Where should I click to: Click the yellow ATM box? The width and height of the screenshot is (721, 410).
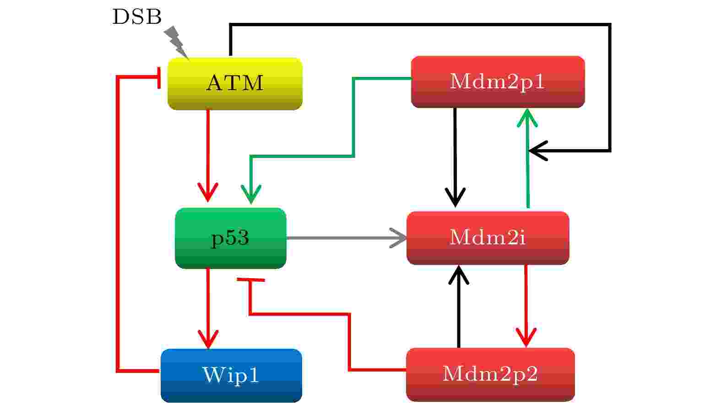click(235, 84)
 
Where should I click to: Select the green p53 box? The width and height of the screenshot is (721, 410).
click(230, 238)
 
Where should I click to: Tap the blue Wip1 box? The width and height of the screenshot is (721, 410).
click(231, 375)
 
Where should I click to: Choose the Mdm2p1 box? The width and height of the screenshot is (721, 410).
click(498, 82)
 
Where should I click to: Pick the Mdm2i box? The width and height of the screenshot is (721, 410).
click(488, 238)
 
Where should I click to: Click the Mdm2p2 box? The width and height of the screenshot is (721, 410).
click(490, 374)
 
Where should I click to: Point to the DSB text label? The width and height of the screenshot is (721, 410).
click(137, 17)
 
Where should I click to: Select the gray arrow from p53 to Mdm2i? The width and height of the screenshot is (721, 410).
click(347, 238)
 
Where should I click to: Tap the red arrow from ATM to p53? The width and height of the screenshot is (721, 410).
click(208, 156)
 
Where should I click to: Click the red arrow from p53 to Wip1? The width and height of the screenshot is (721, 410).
click(208, 308)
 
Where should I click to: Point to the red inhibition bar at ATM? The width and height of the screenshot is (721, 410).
click(159, 78)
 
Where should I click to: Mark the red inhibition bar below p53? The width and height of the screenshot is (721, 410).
click(251, 280)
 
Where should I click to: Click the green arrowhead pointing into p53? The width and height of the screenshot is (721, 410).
click(251, 194)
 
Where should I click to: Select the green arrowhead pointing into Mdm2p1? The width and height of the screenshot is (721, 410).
click(527, 118)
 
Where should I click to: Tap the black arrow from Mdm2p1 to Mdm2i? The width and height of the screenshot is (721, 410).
click(455, 157)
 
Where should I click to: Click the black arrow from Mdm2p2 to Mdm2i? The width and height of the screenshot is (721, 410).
click(459, 307)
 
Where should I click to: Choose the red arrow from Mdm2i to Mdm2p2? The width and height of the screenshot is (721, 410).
click(526, 306)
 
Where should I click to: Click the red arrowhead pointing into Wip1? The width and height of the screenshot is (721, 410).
click(208, 339)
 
